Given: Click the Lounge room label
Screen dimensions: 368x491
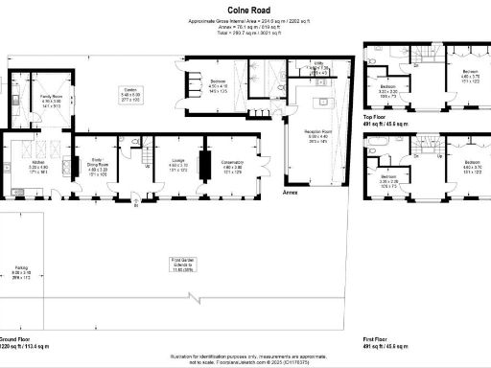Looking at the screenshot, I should (x=177, y=167).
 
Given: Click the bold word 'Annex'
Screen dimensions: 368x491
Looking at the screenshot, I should (x=291, y=192).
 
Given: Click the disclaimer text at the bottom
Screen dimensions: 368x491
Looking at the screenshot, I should (x=245, y=356).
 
